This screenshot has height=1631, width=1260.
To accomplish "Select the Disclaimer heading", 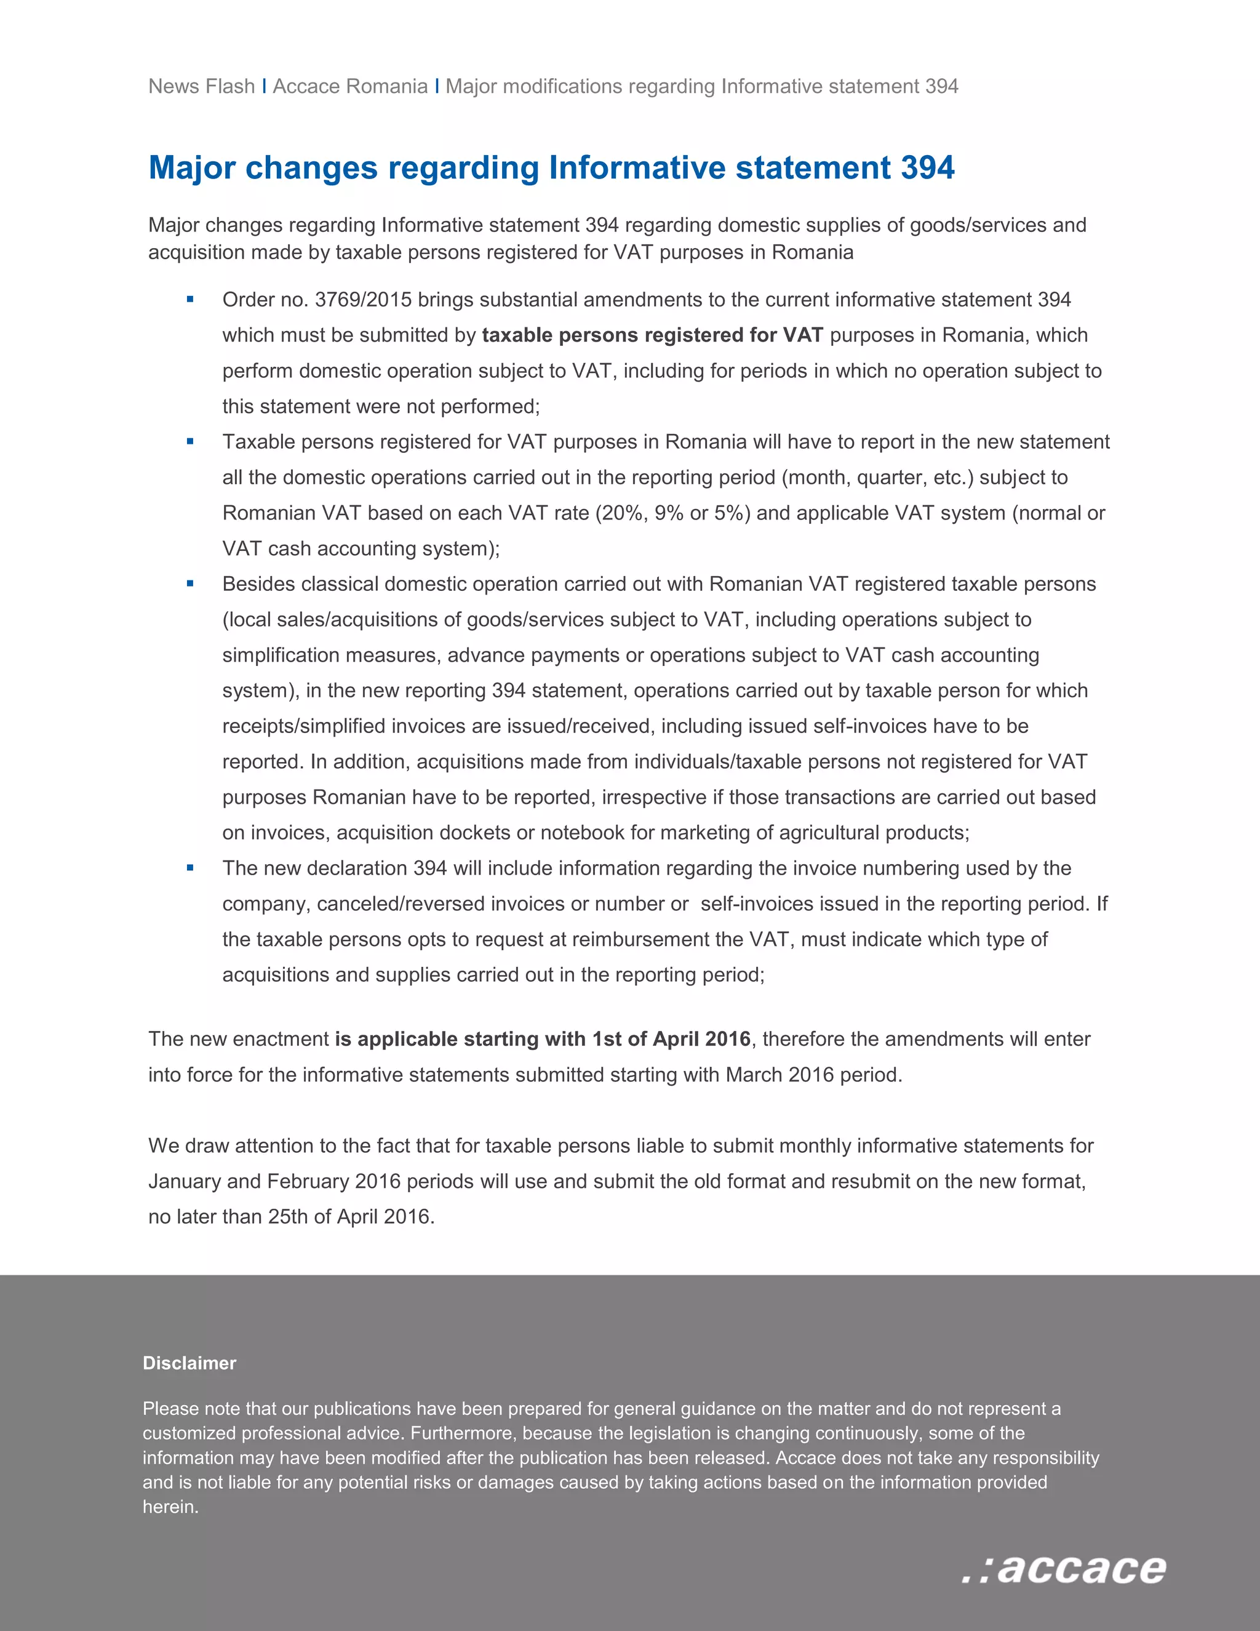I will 189,1363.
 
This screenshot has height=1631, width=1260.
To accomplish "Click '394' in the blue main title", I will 927,167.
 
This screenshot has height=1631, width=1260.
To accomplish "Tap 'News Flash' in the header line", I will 202,86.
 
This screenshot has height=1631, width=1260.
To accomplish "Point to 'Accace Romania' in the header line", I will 350,86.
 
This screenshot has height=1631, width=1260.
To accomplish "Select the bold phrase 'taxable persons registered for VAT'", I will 652,335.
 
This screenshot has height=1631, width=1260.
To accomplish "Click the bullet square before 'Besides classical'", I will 190,584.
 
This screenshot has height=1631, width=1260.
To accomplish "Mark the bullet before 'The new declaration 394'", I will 190,868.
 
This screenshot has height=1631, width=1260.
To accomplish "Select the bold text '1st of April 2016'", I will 671,1040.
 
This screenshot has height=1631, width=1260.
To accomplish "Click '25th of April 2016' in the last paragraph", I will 349,1217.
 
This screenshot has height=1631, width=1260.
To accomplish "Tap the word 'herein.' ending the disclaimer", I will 171,1507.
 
